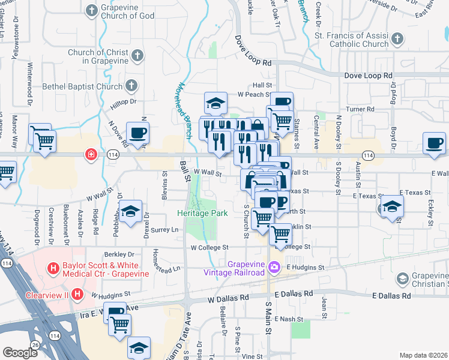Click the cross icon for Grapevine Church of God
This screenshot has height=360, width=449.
pyautogui.click(x=92, y=10)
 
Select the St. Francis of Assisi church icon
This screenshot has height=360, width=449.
pyautogui.click(x=397, y=40)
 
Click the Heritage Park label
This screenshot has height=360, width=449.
pyautogui.click(x=202, y=213)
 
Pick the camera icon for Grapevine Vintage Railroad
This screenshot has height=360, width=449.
pyautogui.click(x=274, y=266)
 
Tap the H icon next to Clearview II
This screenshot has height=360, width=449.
pyautogui.click(x=77, y=294)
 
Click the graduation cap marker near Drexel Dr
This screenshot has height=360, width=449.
pyautogui.click(x=131, y=211)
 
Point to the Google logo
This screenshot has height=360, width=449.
pyautogui.click(x=20, y=353)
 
